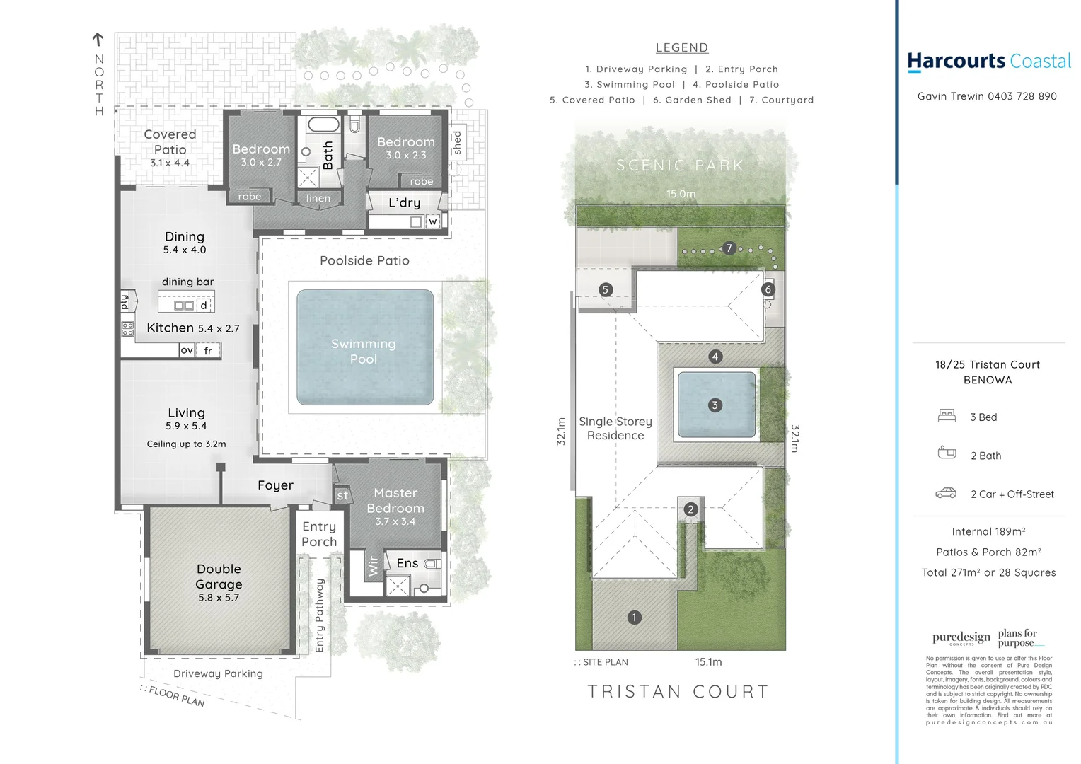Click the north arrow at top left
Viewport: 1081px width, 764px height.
click(98, 40)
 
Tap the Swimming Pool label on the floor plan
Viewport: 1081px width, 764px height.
click(364, 352)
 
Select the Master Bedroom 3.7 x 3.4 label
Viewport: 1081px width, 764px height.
click(395, 507)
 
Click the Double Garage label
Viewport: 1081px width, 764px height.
click(219, 582)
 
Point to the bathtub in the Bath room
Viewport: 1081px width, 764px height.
click(324, 125)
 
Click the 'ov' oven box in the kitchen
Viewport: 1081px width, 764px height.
click(186, 350)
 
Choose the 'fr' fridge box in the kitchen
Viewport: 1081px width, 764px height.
click(208, 350)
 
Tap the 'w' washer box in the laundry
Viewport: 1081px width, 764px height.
click(432, 221)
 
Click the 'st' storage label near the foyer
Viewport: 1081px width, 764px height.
click(342, 496)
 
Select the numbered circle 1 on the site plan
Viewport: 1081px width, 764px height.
click(634, 618)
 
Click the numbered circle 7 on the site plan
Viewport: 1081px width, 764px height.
click(729, 248)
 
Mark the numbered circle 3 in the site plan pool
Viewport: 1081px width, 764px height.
click(715, 405)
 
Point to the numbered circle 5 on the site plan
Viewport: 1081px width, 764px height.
click(605, 289)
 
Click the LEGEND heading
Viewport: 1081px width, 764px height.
click(681, 47)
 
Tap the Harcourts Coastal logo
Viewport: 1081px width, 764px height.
click(988, 62)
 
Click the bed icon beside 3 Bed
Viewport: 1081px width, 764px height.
click(947, 416)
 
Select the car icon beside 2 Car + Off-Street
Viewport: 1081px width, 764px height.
click(946, 493)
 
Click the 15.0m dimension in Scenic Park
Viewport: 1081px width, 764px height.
click(681, 194)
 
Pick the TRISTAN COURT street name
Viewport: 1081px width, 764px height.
click(678, 692)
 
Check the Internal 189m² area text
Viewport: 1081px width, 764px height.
click(988, 531)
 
